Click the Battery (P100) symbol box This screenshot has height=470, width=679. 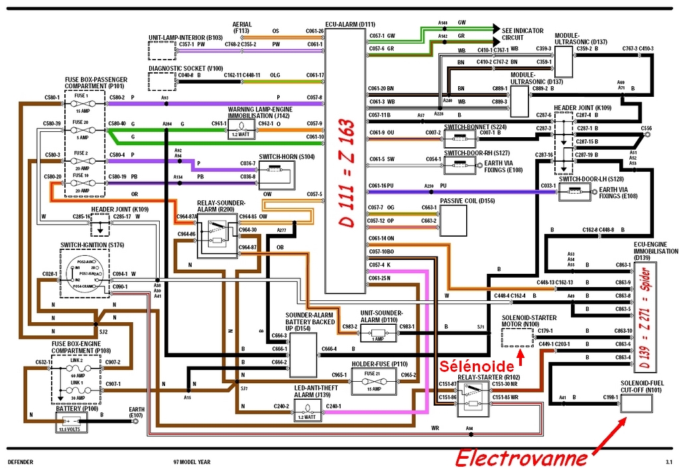(x=79, y=420)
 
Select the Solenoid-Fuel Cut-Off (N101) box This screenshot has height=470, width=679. (x=636, y=403)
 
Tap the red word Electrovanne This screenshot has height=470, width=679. (x=521, y=457)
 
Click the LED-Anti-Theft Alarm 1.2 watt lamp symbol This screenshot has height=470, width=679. (x=307, y=411)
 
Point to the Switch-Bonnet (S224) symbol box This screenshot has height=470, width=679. (x=457, y=139)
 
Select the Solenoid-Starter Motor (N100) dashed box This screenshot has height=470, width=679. (x=517, y=337)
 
